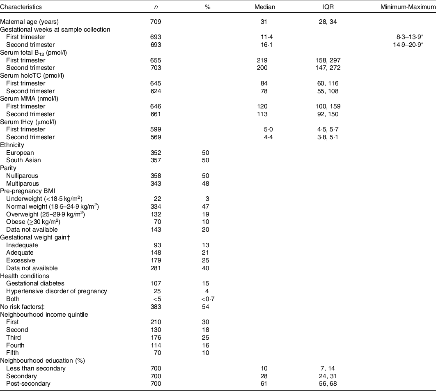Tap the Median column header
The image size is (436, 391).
(265, 7)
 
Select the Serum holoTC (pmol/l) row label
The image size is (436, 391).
(32, 76)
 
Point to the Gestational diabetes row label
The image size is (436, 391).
(35, 283)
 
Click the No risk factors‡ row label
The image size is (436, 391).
(23, 306)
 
